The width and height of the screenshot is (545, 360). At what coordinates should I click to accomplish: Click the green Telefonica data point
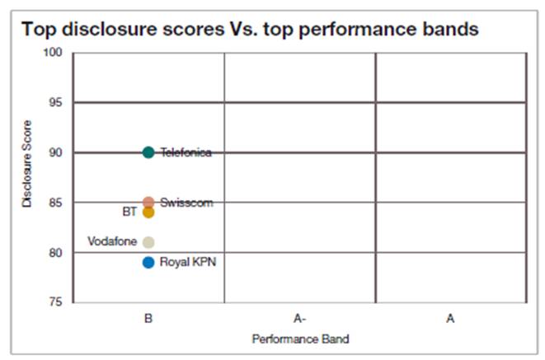point(148,152)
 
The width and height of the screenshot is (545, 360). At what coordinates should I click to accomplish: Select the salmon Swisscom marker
point(148,203)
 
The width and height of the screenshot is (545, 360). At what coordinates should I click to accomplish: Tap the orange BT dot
point(148,212)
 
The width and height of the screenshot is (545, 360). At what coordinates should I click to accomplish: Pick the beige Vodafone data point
point(148,242)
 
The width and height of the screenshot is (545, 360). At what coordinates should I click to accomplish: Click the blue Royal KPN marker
point(148,263)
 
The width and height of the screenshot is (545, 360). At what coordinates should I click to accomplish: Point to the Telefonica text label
point(186,152)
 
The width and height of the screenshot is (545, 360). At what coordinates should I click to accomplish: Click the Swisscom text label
point(186,203)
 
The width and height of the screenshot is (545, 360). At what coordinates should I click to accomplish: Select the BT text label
point(129,212)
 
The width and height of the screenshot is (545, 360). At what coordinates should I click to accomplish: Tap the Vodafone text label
point(112,241)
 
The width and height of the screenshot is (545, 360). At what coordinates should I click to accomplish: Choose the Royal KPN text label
point(188,262)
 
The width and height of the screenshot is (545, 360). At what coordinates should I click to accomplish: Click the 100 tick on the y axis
point(53,53)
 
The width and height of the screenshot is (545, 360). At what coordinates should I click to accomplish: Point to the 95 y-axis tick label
point(55,102)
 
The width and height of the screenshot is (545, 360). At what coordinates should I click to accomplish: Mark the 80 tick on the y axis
point(55,253)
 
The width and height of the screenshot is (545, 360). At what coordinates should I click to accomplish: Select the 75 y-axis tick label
point(55,302)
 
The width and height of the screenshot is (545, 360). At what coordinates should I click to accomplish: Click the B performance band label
point(148,318)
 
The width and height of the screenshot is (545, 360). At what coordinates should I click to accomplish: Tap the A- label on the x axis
point(299,318)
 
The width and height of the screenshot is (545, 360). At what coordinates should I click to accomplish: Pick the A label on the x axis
point(450,318)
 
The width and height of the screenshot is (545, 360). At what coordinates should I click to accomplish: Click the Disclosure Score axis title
point(26,164)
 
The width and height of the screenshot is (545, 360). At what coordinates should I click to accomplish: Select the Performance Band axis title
point(301,339)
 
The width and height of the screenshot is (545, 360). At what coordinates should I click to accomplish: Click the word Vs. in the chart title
point(243,29)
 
